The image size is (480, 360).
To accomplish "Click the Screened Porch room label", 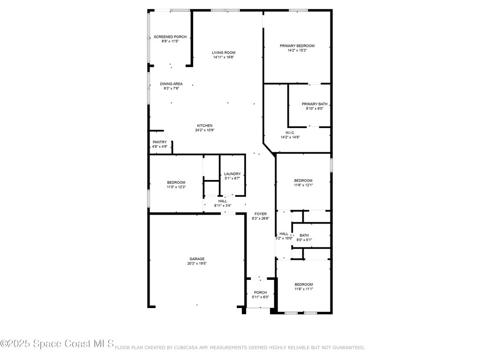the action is point(170,37).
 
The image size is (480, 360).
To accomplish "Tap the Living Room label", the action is point(224,52).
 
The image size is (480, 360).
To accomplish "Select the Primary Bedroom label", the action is point(297,46).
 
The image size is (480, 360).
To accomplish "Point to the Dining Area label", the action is point(171,84).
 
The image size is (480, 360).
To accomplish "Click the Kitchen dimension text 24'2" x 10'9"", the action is point(205,130).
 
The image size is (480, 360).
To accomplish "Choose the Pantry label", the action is point(160,142).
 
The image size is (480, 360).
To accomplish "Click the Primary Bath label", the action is point(315,104).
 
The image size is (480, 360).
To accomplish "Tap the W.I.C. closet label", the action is point(290,133).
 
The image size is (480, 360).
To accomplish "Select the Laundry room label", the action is point(232,174).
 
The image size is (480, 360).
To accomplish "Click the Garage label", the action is point(197,259).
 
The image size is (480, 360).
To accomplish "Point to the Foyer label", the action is point(261,214).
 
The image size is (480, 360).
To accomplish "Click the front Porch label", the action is point(261,292).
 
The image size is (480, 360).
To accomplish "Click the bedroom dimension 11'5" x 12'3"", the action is point(176,187).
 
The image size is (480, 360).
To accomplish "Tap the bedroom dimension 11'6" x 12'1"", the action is point(303,185).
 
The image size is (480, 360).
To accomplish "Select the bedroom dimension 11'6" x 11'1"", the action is point(304,289).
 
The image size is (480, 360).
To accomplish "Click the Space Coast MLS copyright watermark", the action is point(57,344).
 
